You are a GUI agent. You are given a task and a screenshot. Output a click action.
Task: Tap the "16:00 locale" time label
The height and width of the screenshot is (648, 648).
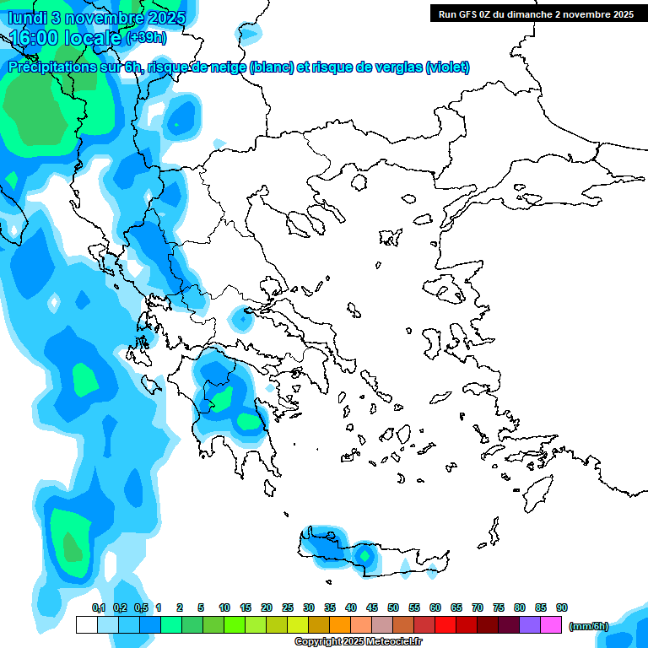(x=66, y=37)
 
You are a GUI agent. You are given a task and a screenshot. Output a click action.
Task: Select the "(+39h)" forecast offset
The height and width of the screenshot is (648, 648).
(x=146, y=38)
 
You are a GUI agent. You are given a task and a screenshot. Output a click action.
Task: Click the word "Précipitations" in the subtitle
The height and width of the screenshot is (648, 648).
(x=51, y=67)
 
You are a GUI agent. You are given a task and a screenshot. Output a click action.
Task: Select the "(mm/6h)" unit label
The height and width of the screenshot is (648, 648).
(x=589, y=626)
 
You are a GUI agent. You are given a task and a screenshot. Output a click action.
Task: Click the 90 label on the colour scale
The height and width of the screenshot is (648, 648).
(x=562, y=607)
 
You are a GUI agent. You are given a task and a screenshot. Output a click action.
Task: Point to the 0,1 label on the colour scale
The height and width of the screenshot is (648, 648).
(x=98, y=607)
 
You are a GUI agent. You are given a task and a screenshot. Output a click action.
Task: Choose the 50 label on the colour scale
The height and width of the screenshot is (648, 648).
(x=393, y=607)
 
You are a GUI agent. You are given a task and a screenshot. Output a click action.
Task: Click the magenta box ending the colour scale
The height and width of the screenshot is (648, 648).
(x=551, y=624)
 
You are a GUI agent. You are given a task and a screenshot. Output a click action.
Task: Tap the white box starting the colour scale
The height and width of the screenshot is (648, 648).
(x=87, y=624)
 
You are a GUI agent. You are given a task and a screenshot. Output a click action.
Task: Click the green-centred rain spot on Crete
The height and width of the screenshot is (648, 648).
(x=364, y=555)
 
